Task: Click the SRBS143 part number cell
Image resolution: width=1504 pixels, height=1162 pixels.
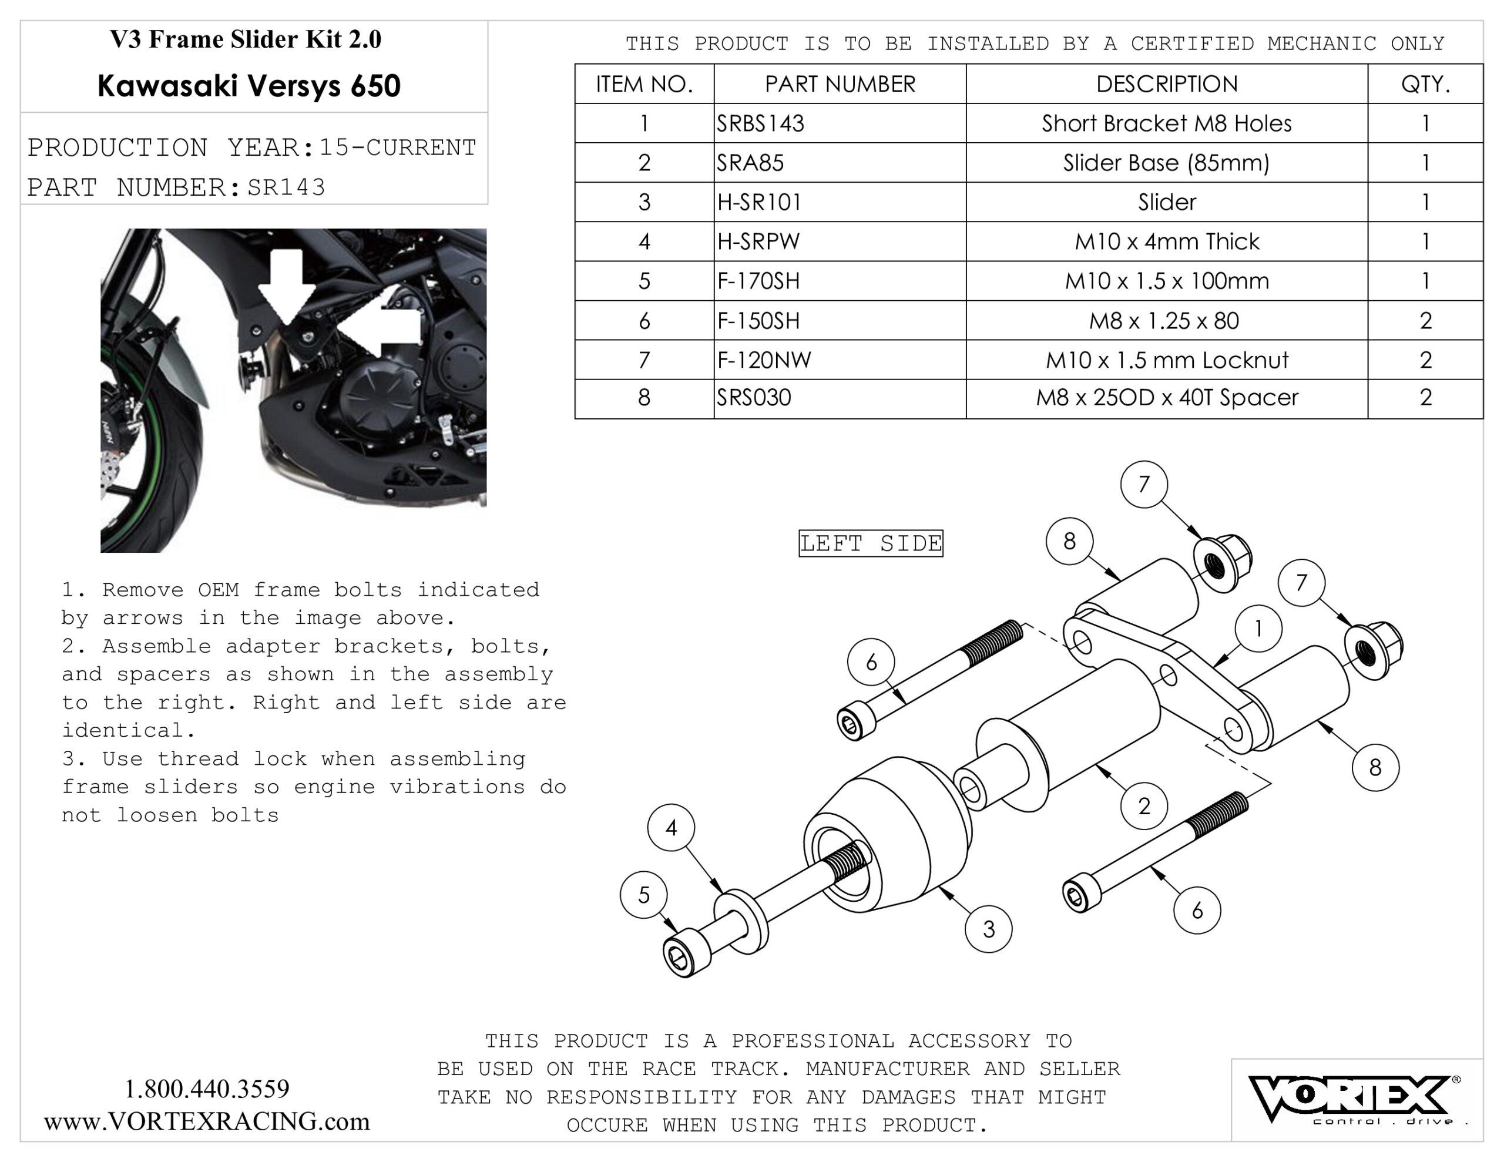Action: [x=840, y=123]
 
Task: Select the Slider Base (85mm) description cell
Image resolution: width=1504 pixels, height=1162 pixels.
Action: [x=1167, y=163]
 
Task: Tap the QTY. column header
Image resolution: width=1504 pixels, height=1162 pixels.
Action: [x=1425, y=84]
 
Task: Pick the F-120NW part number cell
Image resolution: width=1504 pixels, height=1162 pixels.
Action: [x=840, y=360]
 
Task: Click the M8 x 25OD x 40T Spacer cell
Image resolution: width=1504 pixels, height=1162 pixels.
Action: [x=1167, y=398]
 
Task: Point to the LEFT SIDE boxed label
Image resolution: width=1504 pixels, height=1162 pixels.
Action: [x=871, y=543]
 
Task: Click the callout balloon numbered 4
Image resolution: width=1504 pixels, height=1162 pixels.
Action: [x=672, y=827]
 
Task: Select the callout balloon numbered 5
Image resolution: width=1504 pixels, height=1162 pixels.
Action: [x=644, y=895]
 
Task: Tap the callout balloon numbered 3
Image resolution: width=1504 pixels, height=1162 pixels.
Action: [x=989, y=929]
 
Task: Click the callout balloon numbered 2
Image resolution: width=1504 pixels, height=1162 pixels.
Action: [x=1144, y=805]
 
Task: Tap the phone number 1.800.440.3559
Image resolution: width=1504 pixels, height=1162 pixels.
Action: [x=207, y=1089]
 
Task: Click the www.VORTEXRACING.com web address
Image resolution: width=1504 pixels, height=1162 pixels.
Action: [x=207, y=1121]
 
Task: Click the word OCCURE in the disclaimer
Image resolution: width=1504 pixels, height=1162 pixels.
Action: [x=607, y=1126]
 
